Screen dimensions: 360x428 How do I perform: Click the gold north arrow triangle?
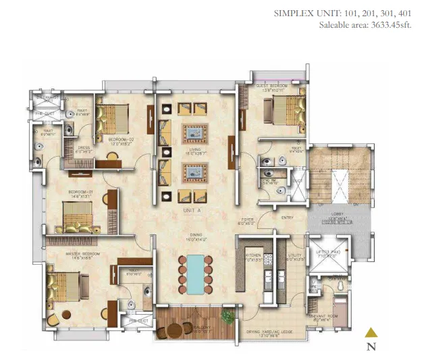point(370,332)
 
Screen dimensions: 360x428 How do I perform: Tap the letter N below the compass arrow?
point(371,347)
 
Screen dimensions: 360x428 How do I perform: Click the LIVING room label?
point(194,151)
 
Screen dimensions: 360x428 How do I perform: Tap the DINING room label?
point(194,235)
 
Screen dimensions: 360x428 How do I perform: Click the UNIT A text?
point(193,211)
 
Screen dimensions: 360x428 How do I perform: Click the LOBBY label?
point(338,213)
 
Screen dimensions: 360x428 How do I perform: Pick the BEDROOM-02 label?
point(122,139)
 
